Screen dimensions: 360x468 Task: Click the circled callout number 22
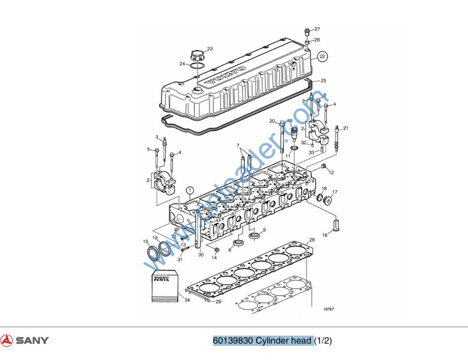click(322, 57)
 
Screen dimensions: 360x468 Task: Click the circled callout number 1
click(190, 190)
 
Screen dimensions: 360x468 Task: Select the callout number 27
click(317, 29)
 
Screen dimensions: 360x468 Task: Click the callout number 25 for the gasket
click(324, 80)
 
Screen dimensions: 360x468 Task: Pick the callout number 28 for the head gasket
click(311, 241)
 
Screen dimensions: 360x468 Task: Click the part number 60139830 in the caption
click(232, 340)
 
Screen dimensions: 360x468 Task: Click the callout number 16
click(325, 234)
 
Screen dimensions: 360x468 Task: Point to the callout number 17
click(335, 192)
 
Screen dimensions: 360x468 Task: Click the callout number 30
click(201, 255)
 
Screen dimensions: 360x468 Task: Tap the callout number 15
click(145, 242)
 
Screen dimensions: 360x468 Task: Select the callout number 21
click(346, 128)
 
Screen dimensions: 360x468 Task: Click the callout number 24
click(182, 64)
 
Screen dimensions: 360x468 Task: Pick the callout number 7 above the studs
click(238, 145)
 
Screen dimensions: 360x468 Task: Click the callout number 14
click(214, 258)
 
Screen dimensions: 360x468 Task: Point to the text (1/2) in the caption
click(323, 340)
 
